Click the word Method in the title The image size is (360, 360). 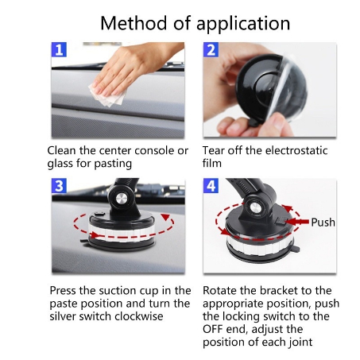coord(134,23)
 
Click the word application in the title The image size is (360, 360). coord(243,24)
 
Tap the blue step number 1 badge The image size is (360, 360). coord(59,49)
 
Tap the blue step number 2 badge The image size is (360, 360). coord(211,49)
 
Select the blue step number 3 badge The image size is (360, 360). coord(59,186)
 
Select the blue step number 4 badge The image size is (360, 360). coord(211,186)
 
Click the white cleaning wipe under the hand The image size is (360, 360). coord(109,95)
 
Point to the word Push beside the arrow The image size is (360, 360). coord(323,223)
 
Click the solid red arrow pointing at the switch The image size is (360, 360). coord(297,222)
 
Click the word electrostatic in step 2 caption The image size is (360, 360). coord(296,150)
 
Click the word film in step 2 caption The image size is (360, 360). coord(212,163)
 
